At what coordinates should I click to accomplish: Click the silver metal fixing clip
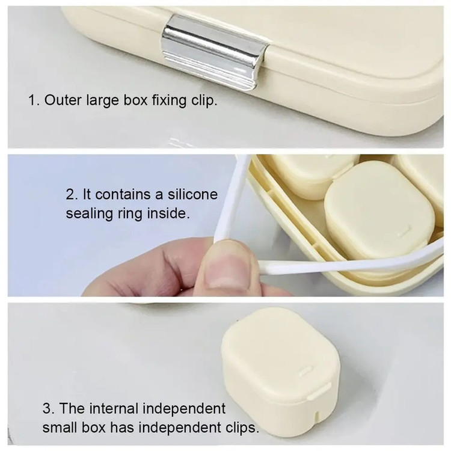coord(214,52)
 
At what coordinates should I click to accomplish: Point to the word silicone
coord(192,194)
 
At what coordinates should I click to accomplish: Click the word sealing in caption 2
coord(90,213)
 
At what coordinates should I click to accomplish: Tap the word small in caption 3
coord(60,428)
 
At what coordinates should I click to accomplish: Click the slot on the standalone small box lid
coord(305,372)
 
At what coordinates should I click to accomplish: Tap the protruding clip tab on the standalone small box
coord(318,393)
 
